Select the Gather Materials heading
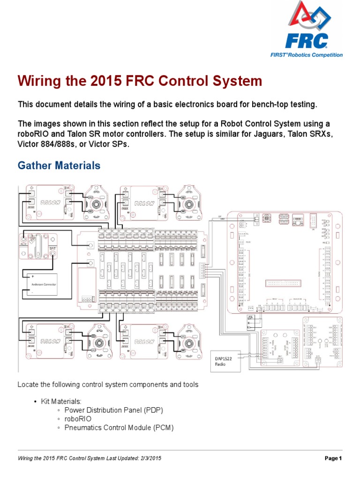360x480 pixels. click(x=59, y=165)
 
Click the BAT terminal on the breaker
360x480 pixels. click(x=53, y=254)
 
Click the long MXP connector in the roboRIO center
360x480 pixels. click(x=278, y=283)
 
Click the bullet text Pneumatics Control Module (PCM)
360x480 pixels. click(x=119, y=427)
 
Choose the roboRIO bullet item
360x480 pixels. click(x=78, y=419)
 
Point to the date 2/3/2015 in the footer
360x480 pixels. click(x=149, y=458)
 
